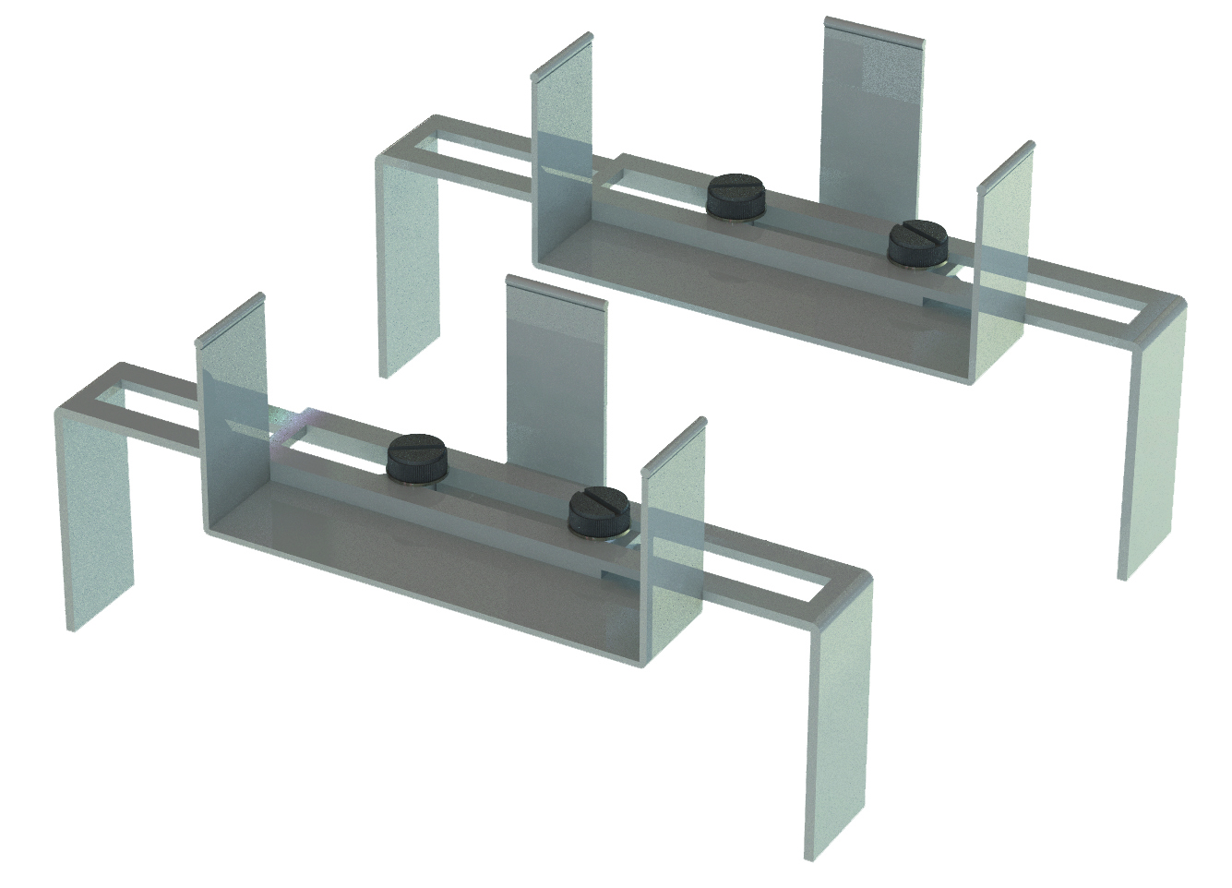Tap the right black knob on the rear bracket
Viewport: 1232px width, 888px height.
coord(916,246)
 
